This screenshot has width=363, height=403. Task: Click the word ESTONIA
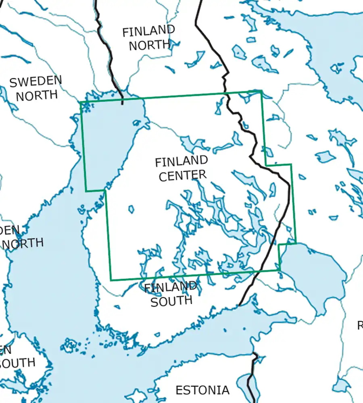click(x=202, y=390)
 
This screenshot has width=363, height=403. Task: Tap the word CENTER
click(x=182, y=175)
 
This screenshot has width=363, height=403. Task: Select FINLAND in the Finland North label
click(x=148, y=31)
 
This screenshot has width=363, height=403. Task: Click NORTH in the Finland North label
click(x=149, y=45)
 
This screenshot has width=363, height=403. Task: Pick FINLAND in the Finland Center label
click(x=181, y=161)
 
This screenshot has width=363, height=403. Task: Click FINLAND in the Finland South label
click(x=171, y=287)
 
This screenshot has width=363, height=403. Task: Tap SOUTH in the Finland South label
click(x=171, y=300)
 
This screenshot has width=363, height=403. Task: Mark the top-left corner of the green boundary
click(x=81, y=102)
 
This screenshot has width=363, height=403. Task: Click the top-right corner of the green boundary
click(x=261, y=91)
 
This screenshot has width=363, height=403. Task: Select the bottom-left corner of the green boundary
click(x=111, y=280)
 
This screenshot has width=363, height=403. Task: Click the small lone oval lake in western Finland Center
click(x=131, y=209)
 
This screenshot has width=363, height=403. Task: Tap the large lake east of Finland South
click(x=313, y=270)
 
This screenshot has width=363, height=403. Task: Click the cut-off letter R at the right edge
click(x=360, y=325)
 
